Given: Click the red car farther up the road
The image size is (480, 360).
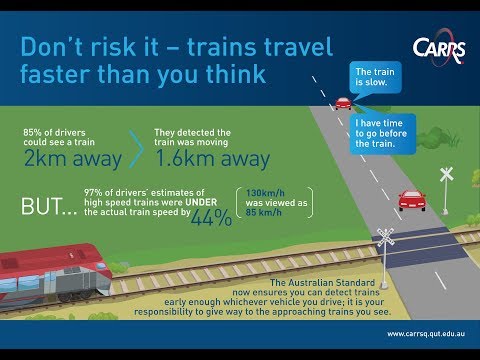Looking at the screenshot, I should [343, 102].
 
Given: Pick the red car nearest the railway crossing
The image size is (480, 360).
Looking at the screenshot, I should [411, 199].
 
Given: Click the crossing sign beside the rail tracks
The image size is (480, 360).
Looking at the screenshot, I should [385, 240].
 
